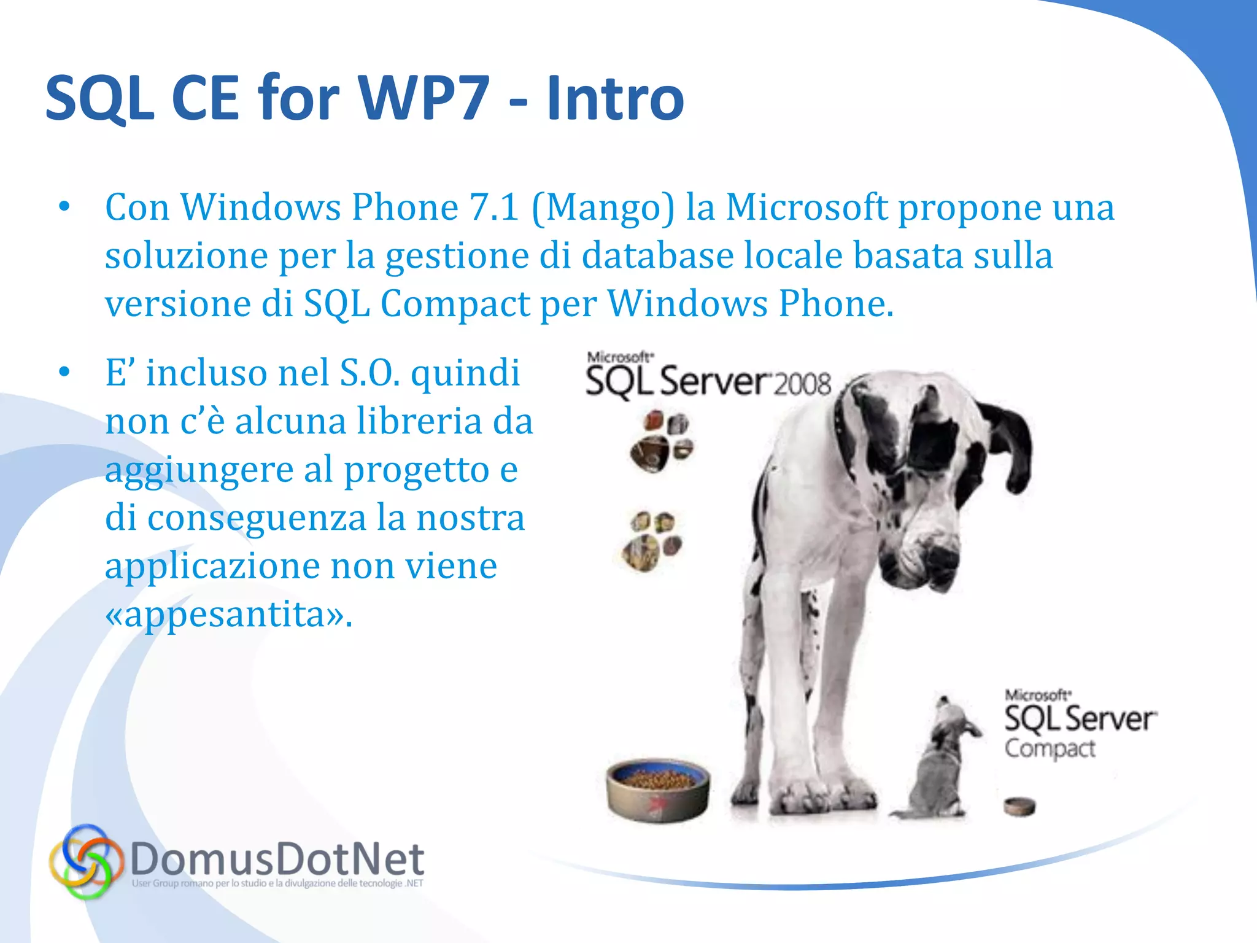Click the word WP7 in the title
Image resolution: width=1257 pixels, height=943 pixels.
pyautogui.click(x=424, y=98)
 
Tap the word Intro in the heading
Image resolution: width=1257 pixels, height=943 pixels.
pyautogui.click(x=615, y=98)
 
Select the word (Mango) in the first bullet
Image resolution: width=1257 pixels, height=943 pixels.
pyautogui.click(x=603, y=207)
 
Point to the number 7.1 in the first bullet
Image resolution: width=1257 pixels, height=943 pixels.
pyautogui.click(x=494, y=207)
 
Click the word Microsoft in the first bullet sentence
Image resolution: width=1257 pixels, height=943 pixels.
pyautogui.click(x=806, y=207)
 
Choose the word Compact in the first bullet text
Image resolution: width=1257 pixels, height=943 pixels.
pyautogui.click(x=454, y=303)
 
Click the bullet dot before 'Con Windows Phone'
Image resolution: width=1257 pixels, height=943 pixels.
pyautogui.click(x=64, y=207)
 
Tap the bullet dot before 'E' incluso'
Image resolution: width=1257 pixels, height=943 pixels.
pyautogui.click(x=64, y=372)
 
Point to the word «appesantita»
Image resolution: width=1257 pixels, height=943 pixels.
pyautogui.click(x=228, y=614)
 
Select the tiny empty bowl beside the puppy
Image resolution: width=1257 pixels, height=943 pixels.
pyautogui.click(x=1019, y=805)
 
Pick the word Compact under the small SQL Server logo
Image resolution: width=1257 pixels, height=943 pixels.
pyautogui.click(x=1050, y=749)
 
